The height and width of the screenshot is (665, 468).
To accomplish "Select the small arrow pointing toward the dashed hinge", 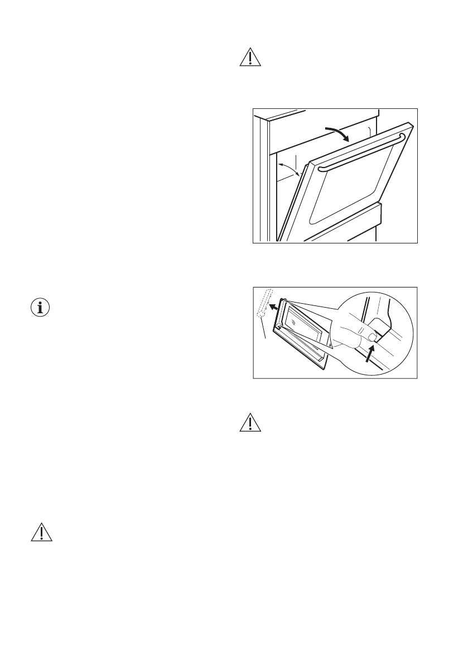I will [273, 306].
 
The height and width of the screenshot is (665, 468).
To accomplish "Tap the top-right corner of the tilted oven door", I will [412, 128].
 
